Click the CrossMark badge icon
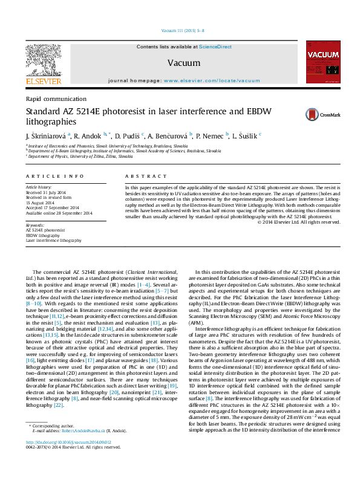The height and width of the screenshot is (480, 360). [x=322, y=114]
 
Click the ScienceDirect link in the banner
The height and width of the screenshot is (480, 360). [x=215, y=47]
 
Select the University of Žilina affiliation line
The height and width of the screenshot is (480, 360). [x=79, y=156]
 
